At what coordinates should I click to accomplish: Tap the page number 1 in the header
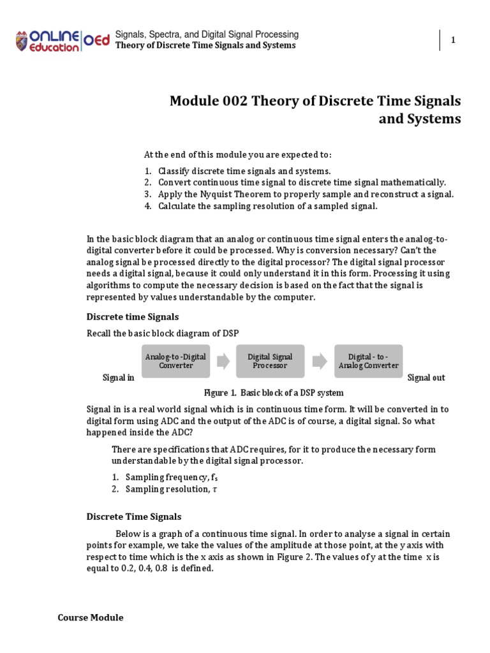coord(453,40)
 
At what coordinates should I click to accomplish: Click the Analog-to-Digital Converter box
coord(175,361)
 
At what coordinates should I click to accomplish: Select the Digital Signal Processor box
coord(270,361)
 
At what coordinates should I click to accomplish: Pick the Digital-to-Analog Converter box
coord(369,361)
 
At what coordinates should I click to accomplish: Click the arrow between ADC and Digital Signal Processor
coord(223,362)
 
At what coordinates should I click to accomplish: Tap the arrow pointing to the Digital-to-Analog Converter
coord(320,362)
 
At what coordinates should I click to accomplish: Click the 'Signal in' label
coord(119,378)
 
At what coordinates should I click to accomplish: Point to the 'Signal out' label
coord(426,378)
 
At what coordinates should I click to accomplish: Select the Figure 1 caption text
coord(273,392)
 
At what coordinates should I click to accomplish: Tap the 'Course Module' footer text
coord(91,617)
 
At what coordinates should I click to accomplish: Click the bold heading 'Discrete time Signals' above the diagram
coord(133,316)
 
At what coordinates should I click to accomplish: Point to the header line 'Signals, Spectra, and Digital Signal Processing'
coord(207,34)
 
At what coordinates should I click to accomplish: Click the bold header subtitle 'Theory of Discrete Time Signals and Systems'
coord(205,45)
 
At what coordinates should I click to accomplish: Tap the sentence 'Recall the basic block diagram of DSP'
coord(163,333)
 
